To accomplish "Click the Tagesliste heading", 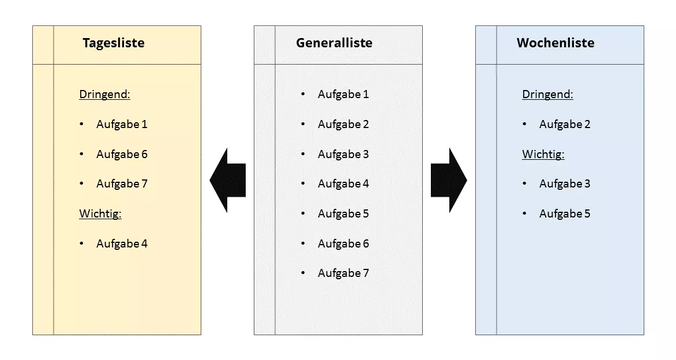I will [113, 43].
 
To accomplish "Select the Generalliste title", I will [334, 43].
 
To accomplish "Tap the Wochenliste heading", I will [555, 43].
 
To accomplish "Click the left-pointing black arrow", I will [228, 180].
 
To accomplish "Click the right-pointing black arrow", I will [449, 180].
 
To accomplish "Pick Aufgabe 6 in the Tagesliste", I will [122, 154].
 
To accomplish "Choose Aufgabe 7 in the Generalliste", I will [343, 273].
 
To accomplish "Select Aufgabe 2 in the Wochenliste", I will [565, 124].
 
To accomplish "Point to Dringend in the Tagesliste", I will [104, 95].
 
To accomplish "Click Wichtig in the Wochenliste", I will [543, 154].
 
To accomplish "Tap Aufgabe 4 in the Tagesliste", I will [122, 243].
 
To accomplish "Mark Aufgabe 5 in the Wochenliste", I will [565, 213].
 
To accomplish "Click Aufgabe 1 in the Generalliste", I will [343, 94].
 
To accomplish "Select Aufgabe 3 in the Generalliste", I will [343, 154].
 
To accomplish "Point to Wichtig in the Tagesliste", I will [100, 214].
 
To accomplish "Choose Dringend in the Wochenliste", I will [547, 95].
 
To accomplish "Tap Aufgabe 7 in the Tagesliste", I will [122, 183].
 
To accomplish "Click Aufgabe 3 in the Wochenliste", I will [565, 183].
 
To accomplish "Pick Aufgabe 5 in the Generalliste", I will [343, 213].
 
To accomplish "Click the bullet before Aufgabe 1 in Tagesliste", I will [82, 124].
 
